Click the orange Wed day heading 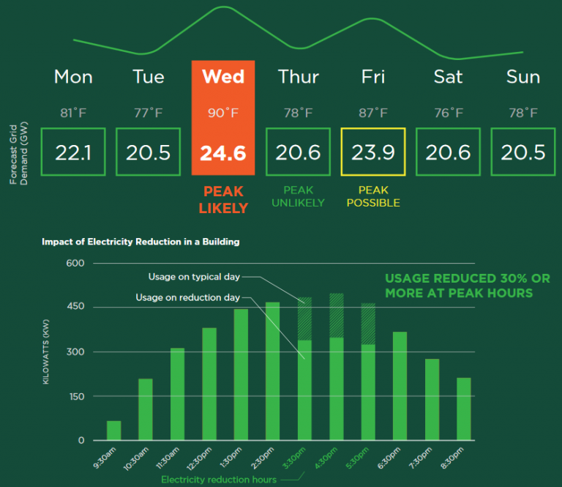click(223, 77)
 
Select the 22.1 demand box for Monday click(73, 152)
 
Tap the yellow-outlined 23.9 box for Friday click(372, 152)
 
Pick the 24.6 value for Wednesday click(223, 152)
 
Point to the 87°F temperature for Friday click(372, 113)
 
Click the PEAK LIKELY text click(223, 199)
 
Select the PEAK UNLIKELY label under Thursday click(298, 196)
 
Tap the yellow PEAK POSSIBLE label click(372, 196)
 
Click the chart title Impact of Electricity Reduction click(140, 241)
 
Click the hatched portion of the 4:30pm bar click(337, 315)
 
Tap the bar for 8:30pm click(464, 409)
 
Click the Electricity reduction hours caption click(219, 480)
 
